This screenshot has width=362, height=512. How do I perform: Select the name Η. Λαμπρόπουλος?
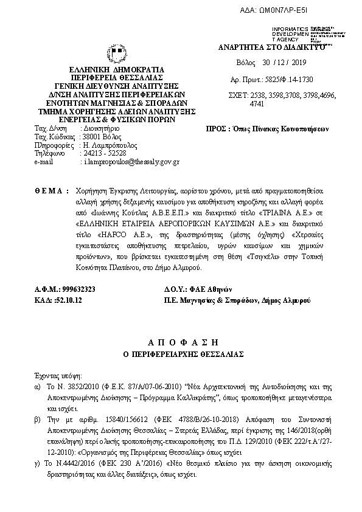(110, 146)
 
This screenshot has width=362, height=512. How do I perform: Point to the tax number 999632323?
(77, 289)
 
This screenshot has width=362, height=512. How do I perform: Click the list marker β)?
(38, 420)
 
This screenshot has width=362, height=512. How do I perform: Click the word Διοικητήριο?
(100, 130)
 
